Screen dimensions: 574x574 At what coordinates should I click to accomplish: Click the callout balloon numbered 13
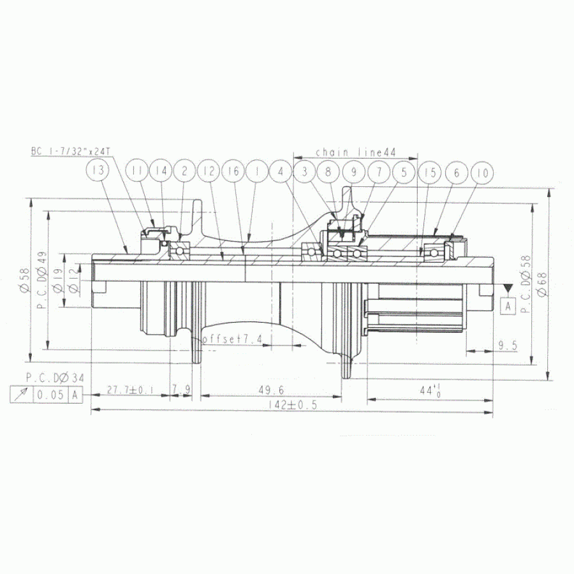tap(98, 172)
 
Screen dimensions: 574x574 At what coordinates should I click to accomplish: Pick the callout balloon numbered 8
tap(328, 172)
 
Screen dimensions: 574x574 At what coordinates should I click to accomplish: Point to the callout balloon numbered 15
tap(430, 172)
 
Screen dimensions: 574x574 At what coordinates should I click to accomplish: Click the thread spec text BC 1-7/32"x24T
tap(71, 152)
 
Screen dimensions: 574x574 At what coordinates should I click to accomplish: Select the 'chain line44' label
tap(356, 152)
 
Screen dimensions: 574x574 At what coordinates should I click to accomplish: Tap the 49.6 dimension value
tap(272, 390)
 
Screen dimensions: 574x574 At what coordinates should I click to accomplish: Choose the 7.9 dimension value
tap(181, 390)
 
